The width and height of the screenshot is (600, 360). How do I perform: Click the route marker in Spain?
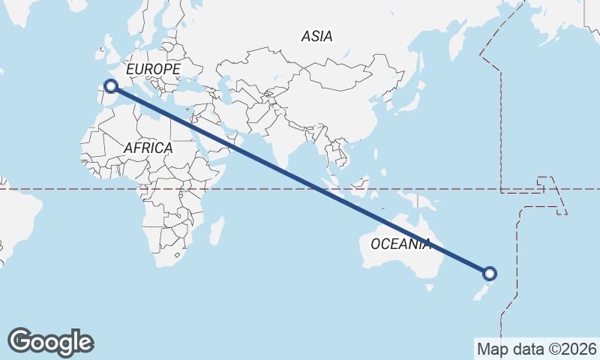(x=111, y=86)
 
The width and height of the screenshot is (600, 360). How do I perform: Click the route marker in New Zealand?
(x=489, y=274)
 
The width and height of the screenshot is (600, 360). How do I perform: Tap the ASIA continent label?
(x=316, y=36)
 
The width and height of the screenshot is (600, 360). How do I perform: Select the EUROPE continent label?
(x=153, y=69)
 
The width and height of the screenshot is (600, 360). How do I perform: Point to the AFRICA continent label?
(x=148, y=148)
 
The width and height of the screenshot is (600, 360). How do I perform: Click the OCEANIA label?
(x=401, y=244)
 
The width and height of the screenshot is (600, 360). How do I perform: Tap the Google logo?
(x=50, y=341)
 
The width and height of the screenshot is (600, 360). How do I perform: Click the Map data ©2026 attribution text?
(x=537, y=349)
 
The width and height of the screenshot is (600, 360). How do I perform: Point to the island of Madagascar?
(x=216, y=229)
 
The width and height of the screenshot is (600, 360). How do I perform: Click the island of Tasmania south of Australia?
(x=429, y=286)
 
